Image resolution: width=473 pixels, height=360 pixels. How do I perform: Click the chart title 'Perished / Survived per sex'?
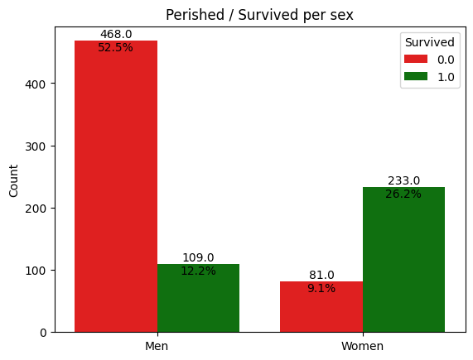coord(259,15)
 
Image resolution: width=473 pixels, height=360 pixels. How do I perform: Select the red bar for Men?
coord(116,186)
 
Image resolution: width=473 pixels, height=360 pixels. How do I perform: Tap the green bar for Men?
coord(198,298)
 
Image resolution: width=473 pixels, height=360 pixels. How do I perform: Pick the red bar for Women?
coord(321,307)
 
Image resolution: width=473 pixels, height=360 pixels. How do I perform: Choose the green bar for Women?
coord(403,260)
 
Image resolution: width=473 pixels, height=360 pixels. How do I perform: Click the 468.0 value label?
coord(116,34)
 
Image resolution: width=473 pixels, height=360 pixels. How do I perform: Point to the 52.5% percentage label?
coord(115,48)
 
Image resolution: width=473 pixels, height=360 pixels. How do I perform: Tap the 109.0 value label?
coord(198,258)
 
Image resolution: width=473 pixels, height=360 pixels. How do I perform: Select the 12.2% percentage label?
coord(198,271)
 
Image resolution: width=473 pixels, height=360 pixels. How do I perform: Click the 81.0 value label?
coord(321,275)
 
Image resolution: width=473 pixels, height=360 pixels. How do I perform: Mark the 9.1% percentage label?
coord(321,288)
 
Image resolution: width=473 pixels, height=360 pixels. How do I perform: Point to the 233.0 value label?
coord(403,180)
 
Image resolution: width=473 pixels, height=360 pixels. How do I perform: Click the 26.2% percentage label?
coord(403,194)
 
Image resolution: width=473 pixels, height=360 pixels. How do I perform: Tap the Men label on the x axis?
coord(157,346)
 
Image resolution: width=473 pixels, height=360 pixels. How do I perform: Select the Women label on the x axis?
coord(362,346)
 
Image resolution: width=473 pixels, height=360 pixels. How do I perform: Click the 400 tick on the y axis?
coord(36,84)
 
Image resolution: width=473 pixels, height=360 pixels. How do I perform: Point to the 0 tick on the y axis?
coord(43,333)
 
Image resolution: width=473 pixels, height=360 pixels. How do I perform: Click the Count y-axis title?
coord(13,181)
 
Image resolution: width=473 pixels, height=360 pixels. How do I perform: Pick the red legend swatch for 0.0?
coord(416,59)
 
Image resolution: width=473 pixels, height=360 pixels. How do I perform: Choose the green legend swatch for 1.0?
coord(416,76)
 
